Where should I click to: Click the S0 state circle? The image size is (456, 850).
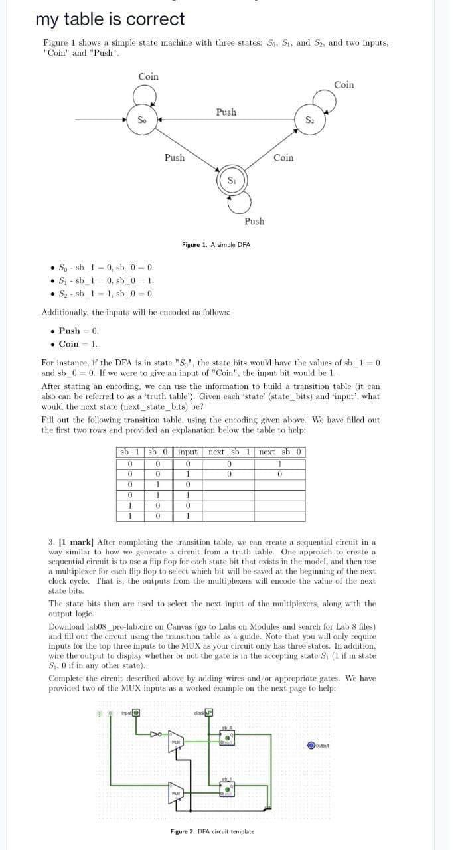coord(141,120)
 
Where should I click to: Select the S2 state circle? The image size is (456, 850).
coord(309,120)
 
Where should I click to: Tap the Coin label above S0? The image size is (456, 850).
coord(148,76)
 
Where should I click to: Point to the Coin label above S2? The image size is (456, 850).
coord(344,84)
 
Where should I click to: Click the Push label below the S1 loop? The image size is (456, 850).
coord(254,221)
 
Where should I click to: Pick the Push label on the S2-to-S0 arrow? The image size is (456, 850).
coord(226,112)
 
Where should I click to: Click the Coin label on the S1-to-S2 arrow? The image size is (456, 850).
coord(283,157)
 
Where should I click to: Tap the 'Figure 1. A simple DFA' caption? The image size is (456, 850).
coord(216,245)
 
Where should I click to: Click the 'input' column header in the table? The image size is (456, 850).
coord(189,452)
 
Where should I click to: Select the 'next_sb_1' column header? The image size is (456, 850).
coord(228,452)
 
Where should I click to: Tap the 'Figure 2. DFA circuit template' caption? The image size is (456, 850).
coord(212,831)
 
